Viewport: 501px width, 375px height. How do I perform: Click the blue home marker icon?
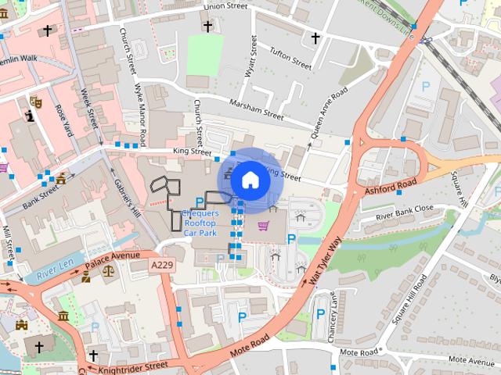click(250, 180)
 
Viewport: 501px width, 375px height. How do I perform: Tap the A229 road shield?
click(162, 266)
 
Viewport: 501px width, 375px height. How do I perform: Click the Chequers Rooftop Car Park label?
click(200, 223)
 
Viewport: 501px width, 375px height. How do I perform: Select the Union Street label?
click(225, 6)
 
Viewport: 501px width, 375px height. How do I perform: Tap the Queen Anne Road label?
click(328, 115)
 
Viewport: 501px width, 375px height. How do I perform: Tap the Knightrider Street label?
click(135, 364)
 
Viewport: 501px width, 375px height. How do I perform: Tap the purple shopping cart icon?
click(263, 227)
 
